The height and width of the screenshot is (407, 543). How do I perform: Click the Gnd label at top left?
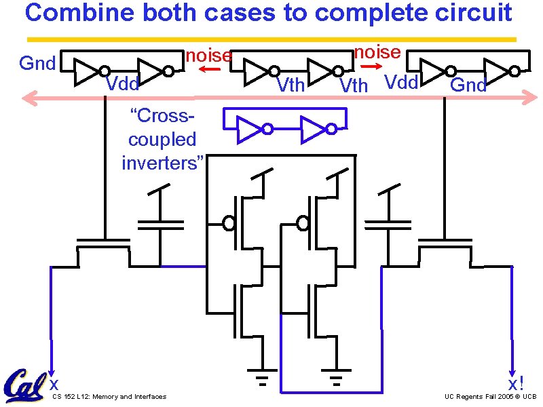37,64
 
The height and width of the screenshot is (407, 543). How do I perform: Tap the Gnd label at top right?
469,85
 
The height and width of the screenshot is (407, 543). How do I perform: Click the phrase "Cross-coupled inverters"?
162,139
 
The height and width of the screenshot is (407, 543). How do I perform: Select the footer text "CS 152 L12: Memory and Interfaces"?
109,397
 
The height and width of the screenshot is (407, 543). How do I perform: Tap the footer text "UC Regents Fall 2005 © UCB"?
490,397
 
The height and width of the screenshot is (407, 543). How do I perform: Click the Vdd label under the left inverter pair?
123,85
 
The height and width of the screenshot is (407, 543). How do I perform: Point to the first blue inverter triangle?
248,128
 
